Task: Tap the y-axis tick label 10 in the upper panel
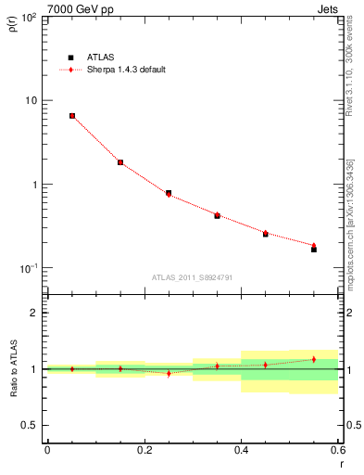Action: [28, 100]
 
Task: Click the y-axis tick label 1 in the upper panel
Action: [32, 184]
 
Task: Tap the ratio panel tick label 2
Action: [32, 313]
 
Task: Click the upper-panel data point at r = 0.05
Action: [71, 116]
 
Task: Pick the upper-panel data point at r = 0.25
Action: [169, 193]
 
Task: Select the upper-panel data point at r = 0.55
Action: [314, 248]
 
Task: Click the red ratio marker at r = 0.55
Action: [314, 359]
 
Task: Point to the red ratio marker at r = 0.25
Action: [169, 373]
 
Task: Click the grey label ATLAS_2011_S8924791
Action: [193, 276]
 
